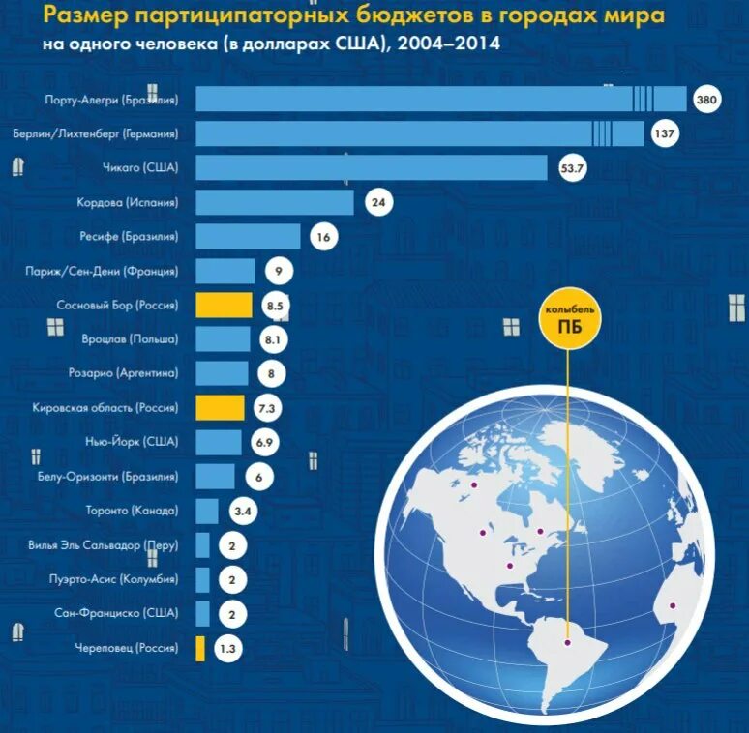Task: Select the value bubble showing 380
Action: (x=704, y=100)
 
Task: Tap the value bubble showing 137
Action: (x=664, y=133)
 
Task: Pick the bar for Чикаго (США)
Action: (x=372, y=168)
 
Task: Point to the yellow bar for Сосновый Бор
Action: (x=224, y=306)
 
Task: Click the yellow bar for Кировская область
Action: (x=220, y=408)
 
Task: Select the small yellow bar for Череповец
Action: (x=200, y=649)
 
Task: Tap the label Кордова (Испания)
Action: (x=127, y=203)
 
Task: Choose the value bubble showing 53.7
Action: (x=574, y=169)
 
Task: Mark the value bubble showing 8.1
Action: (x=272, y=339)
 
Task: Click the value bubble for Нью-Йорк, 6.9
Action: (x=264, y=442)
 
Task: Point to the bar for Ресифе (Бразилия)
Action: (x=249, y=237)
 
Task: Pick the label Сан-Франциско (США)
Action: (x=116, y=613)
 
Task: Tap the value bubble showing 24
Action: (x=378, y=203)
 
